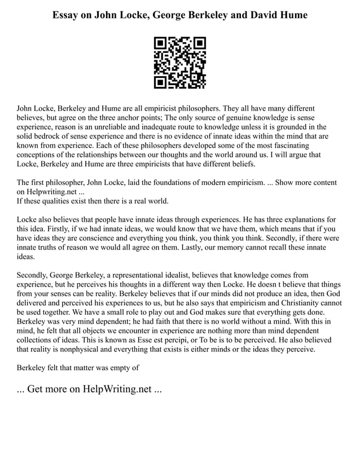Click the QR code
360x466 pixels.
click(x=180, y=63)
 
